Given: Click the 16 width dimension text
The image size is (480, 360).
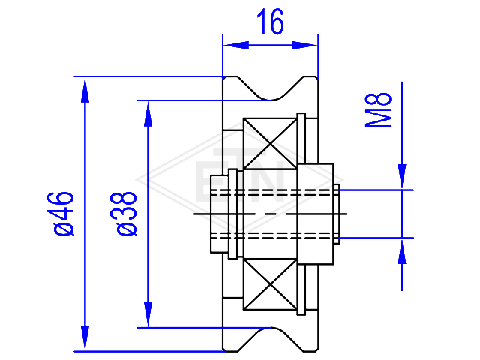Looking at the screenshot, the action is coord(270,22).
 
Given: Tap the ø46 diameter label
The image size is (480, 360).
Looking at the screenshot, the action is coord(64,214).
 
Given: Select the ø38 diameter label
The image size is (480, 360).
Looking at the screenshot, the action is coord(127,214).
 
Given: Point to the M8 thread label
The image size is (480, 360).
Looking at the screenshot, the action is coord(378,110).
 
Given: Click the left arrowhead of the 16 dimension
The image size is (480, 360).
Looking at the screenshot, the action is coord(236,46).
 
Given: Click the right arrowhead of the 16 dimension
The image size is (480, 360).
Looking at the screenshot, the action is coord(305,46).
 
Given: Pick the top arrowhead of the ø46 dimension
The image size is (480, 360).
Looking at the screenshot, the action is coord(85,89).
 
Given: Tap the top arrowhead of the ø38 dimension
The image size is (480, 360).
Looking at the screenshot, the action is coord(148,113).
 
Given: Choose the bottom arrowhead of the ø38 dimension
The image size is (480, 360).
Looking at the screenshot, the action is coord(148,314).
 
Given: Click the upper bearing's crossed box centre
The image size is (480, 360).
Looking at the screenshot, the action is coord(270,143).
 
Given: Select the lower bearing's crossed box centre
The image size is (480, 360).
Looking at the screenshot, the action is coord(270,284).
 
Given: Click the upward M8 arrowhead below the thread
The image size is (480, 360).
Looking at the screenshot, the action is coord(402,251).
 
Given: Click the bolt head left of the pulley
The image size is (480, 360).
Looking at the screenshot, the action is coord(220,214).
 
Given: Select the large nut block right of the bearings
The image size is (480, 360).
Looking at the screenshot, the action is coord(316,214).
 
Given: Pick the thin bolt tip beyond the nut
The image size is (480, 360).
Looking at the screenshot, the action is coord(337,214).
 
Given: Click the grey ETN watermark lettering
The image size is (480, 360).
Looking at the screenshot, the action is coord(240,175).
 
